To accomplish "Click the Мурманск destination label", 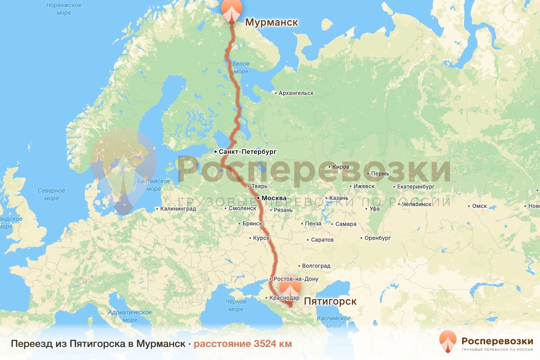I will [x=271, y=22].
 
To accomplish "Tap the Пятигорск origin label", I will [x=330, y=301].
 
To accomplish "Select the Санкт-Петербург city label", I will [x=247, y=152].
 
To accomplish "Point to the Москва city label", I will [x=274, y=198].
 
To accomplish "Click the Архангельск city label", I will [x=296, y=93].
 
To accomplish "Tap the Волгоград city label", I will [x=316, y=266].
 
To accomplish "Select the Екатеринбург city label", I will [x=415, y=186].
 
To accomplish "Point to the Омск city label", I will [x=479, y=206].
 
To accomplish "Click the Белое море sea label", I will [x=241, y=68].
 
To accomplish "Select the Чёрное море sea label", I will [x=236, y=305].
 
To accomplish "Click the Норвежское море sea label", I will [x=64, y=9].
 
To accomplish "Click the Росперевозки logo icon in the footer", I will [x=448, y=341].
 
